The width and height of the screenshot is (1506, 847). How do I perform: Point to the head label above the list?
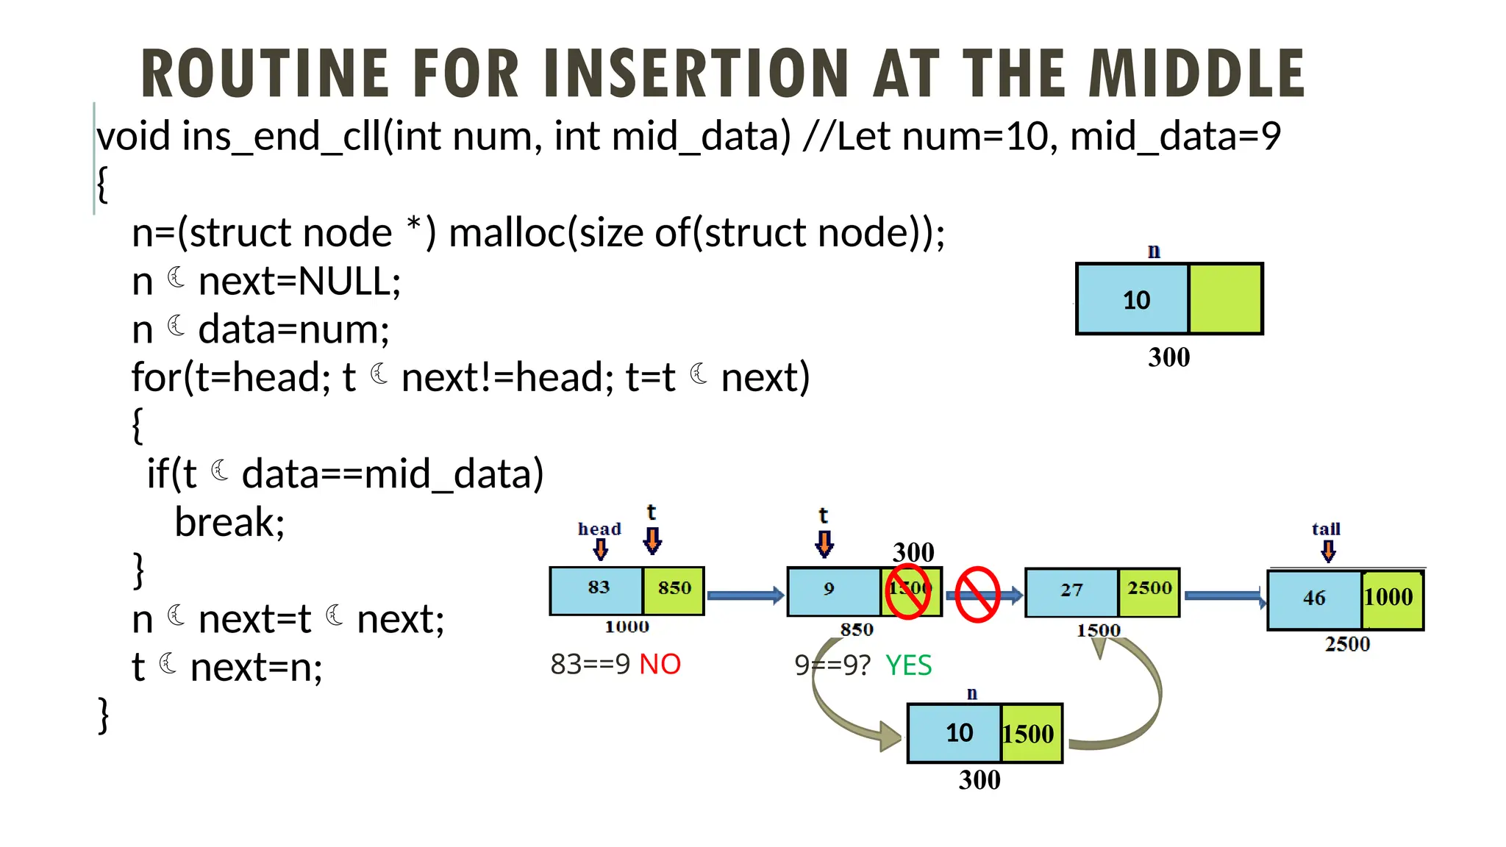(599, 529)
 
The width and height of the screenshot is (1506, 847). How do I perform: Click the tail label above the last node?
(1326, 529)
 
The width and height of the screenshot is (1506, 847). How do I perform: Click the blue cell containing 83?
(597, 590)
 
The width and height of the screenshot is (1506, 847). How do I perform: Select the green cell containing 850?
(674, 590)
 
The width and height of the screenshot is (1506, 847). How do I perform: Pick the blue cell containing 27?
(1071, 591)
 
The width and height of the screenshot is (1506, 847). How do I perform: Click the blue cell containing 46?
(1314, 598)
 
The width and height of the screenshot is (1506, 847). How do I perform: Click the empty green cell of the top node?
(1225, 299)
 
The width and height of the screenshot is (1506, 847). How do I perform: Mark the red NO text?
(660, 665)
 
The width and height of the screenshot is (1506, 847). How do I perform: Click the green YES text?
(908, 666)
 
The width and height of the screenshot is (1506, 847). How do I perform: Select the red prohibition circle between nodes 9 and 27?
(977, 594)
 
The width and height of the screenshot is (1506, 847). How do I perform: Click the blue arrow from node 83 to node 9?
(745, 595)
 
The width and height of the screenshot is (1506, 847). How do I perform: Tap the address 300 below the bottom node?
(979, 780)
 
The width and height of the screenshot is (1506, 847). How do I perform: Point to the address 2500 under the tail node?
(1347, 645)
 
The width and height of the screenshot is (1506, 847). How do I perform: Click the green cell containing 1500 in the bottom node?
(1029, 734)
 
